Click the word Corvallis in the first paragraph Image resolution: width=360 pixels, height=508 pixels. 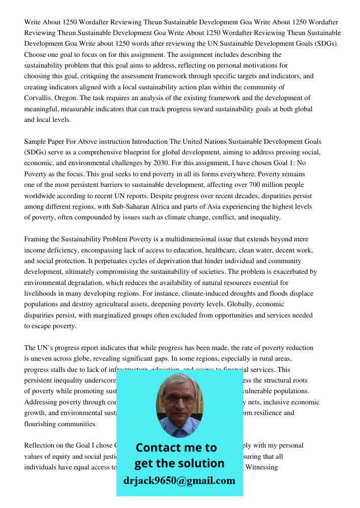tap(39, 98)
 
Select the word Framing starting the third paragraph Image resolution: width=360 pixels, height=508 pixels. tap(37, 239)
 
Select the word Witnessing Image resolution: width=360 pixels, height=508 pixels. tap(261, 467)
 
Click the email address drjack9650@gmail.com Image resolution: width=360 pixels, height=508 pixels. tap(179, 481)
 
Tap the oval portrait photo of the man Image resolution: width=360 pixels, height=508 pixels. tap(179, 403)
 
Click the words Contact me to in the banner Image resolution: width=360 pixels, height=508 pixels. tap(176, 448)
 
